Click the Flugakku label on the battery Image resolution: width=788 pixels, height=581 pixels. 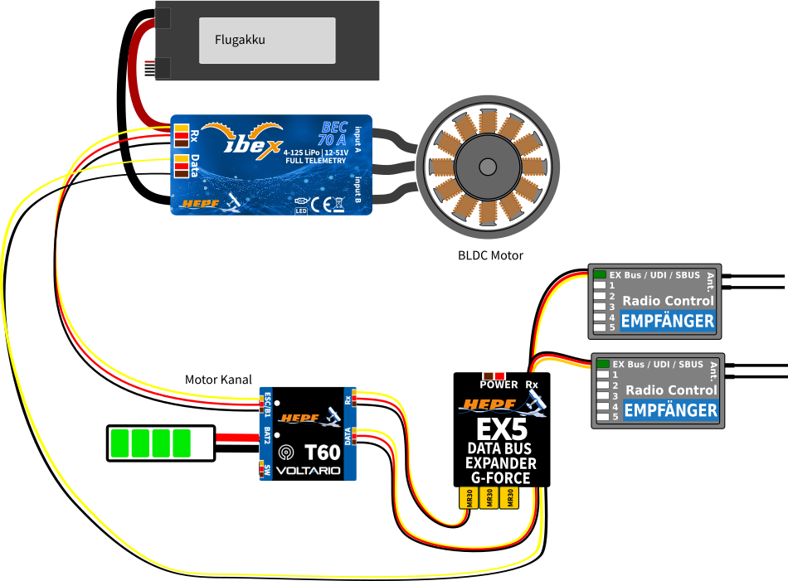coord(240,39)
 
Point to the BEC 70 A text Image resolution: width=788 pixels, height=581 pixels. coord(333,134)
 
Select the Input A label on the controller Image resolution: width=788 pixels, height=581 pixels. coord(358,139)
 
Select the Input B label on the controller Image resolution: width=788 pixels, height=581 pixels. coord(358,188)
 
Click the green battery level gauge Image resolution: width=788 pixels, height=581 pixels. coord(161,443)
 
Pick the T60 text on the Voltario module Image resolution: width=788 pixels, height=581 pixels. coord(322,453)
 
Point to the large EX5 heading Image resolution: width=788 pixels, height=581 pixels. coord(501,430)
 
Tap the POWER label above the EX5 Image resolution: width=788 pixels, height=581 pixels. coord(499,385)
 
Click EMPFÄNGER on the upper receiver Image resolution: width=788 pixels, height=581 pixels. coord(667,321)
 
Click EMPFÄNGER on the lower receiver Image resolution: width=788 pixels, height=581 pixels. coord(670,410)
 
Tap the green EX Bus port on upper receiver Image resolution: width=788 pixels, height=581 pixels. coord(599,274)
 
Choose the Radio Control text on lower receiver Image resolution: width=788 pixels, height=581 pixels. coord(670,390)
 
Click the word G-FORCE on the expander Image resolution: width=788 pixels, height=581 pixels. coord(500,477)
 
